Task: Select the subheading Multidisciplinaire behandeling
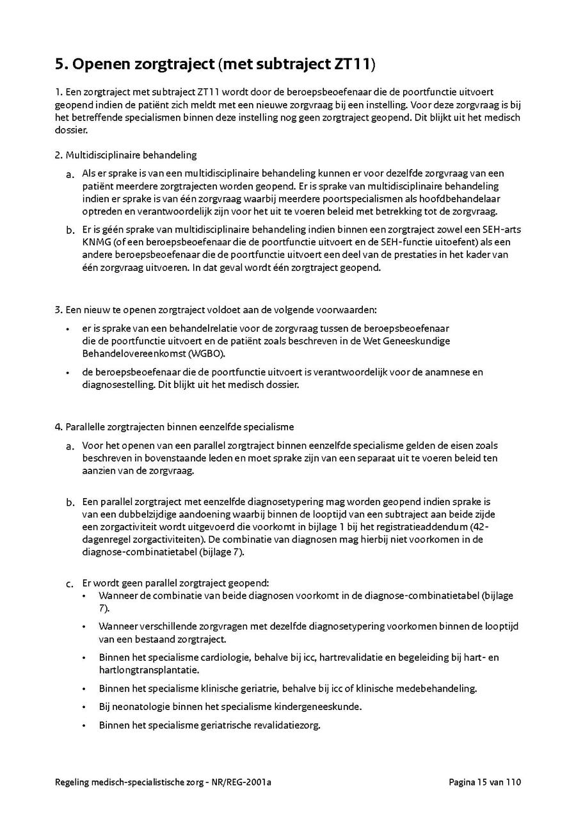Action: pos(131,155)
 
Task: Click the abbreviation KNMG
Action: pos(95,242)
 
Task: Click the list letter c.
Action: pos(69,584)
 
